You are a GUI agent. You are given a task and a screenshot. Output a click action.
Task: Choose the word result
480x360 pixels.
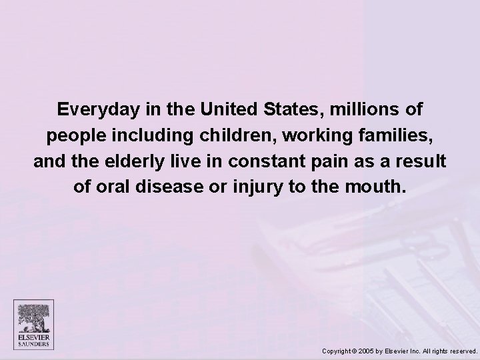[424, 162]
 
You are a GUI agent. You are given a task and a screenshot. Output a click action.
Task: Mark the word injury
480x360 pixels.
[252, 189]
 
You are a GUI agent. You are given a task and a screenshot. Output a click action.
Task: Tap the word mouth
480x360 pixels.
[380, 189]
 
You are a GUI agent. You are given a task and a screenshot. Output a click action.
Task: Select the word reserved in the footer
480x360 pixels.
[462, 350]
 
